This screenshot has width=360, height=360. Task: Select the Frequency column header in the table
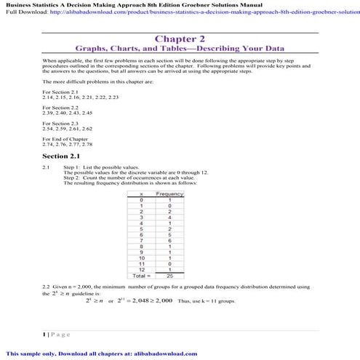click(x=170, y=195)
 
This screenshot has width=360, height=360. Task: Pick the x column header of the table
click(x=140, y=195)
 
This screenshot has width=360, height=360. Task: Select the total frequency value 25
click(x=170, y=276)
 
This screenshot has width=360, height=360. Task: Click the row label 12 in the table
click(x=140, y=271)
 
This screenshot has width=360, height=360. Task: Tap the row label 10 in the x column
click(x=140, y=258)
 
